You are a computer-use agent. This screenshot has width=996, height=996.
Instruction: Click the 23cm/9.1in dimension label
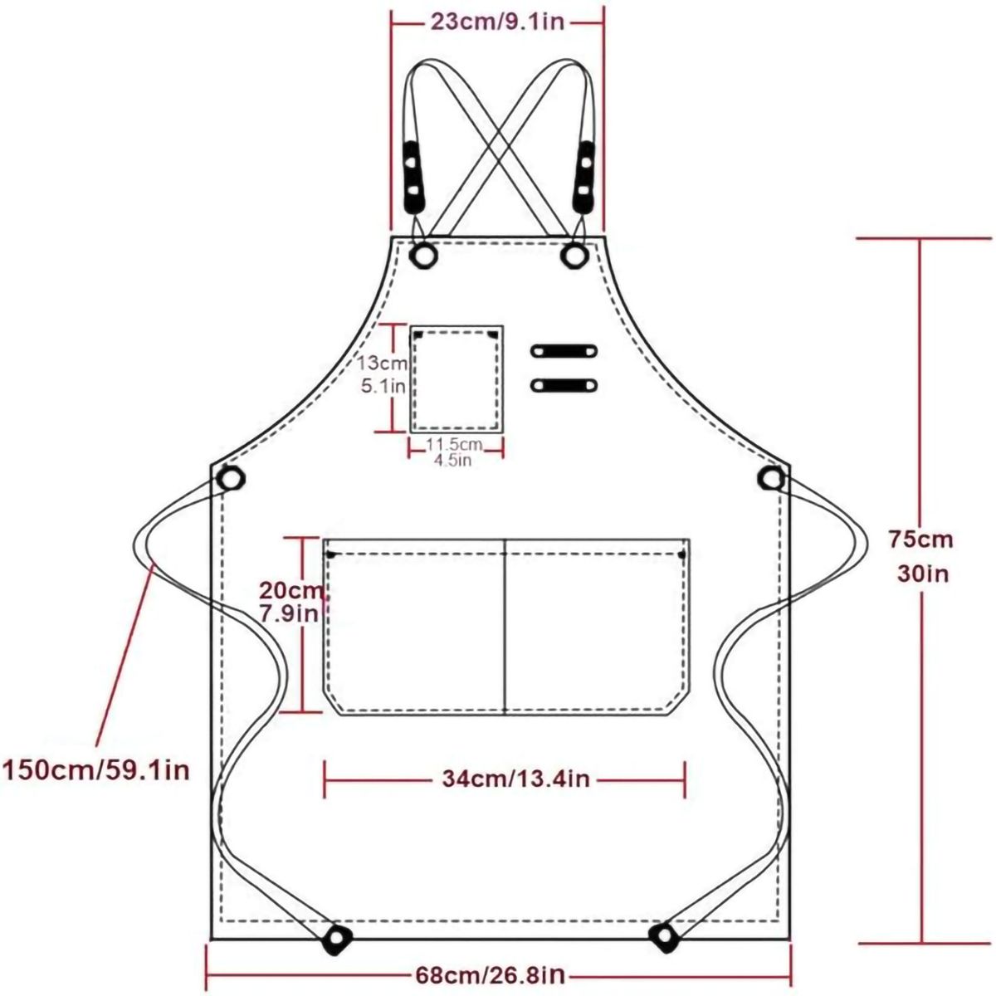(x=497, y=22)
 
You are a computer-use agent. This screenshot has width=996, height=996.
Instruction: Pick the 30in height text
(x=923, y=574)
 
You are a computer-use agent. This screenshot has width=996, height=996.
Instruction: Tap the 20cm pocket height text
(x=292, y=590)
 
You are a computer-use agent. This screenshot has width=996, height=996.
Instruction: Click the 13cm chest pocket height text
(x=383, y=363)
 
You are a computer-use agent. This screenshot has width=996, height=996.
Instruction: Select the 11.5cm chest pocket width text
(x=454, y=443)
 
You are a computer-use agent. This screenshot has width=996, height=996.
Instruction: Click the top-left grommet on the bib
(x=423, y=254)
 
